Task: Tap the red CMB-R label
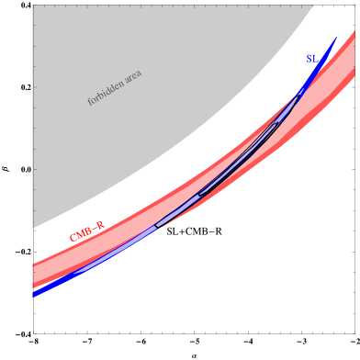point(86,231)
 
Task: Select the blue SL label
point(311,59)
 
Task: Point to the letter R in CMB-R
point(100,225)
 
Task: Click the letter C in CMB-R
point(73,239)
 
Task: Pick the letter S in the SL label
point(309,59)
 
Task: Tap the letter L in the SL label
point(315,59)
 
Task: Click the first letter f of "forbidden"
point(90,102)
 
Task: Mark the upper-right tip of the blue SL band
point(336,38)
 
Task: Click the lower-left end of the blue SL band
point(34,294)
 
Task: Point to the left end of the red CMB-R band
point(34,276)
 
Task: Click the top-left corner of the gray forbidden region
point(33,6)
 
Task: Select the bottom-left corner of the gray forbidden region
point(33,228)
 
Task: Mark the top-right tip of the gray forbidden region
point(313,6)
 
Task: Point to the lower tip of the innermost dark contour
point(199,195)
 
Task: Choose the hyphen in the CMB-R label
point(95,229)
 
